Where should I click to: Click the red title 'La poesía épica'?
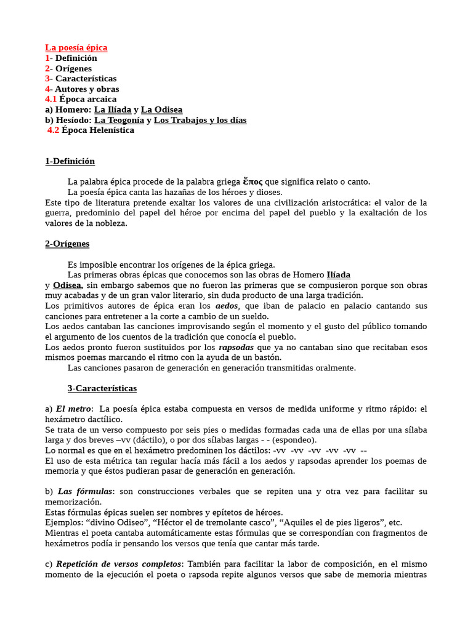(76, 47)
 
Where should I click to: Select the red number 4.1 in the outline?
(51, 99)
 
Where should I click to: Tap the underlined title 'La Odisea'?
(161, 110)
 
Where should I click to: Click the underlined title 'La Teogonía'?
(119, 120)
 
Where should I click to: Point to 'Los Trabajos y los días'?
(200, 120)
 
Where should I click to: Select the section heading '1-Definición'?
(70, 161)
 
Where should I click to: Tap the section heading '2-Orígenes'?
(67, 244)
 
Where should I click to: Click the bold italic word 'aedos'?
(227, 306)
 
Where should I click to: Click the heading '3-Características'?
(102, 389)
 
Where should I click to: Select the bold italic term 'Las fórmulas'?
(85, 492)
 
